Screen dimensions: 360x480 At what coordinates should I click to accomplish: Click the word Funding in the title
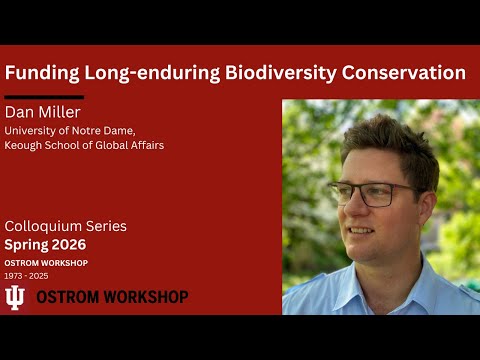[41, 73]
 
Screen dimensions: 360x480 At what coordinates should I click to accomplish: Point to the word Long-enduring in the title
[150, 73]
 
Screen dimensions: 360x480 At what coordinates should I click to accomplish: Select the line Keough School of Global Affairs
[84, 145]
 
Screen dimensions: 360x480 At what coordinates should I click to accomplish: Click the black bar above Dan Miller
[44, 98]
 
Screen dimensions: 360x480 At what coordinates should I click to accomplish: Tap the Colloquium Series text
[66, 226]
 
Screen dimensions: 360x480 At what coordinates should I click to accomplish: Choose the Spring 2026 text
[46, 245]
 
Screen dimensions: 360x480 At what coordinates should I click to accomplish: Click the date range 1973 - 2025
[27, 275]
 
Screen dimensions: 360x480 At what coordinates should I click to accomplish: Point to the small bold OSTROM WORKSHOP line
[46, 263]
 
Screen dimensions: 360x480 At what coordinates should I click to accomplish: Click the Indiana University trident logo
[16, 297]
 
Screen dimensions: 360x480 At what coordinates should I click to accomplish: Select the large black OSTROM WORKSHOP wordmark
[112, 297]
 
